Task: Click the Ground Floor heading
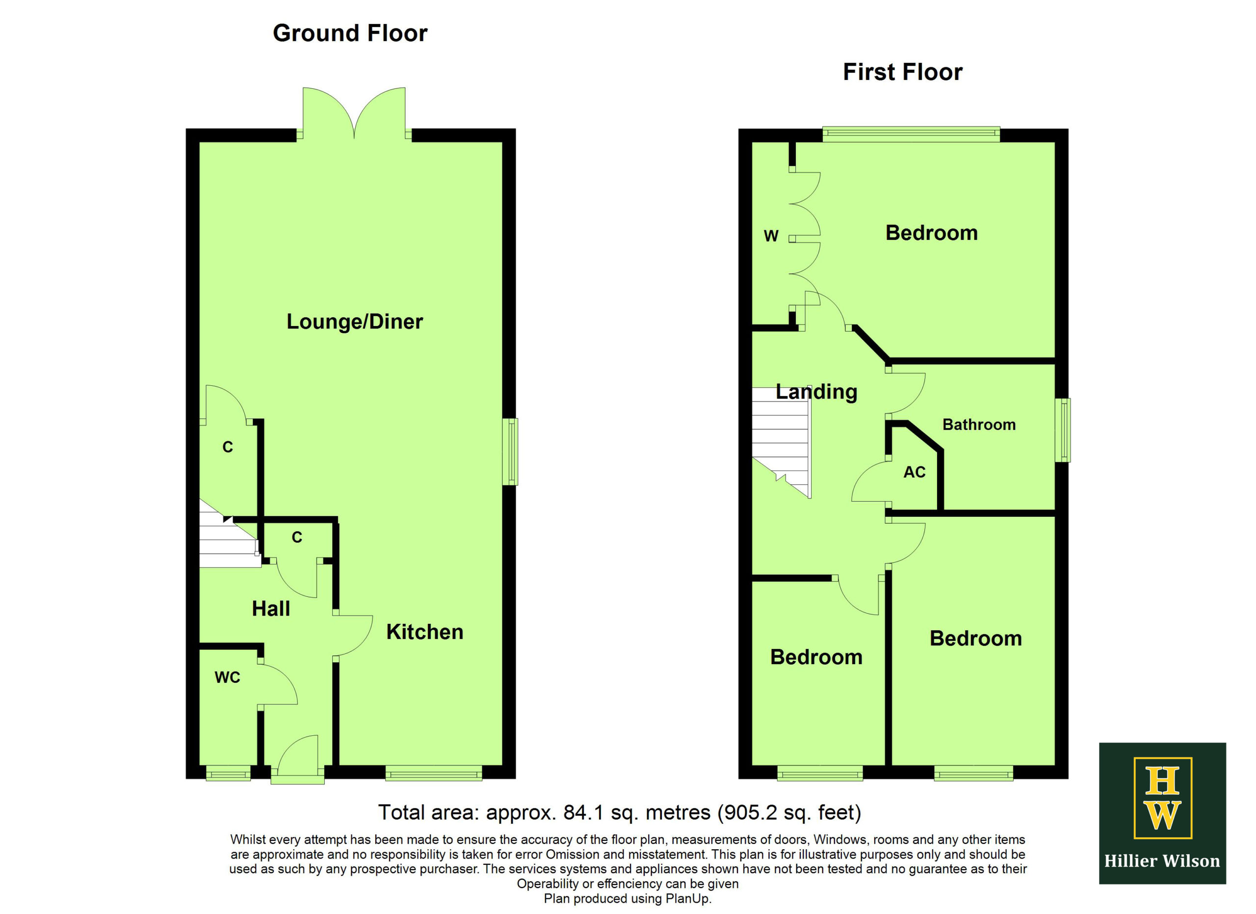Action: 350,33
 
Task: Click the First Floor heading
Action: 903,73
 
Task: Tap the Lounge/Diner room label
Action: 354,322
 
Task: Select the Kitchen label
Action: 425,632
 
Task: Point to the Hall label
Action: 271,609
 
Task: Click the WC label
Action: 227,677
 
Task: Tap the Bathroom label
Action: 979,425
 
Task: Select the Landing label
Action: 816,392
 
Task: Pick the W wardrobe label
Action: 771,237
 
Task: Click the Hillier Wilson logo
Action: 1162,813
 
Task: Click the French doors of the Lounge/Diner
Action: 354,113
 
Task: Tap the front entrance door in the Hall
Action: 298,759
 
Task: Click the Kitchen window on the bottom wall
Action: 434,773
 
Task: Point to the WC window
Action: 228,773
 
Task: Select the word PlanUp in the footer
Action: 687,898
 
